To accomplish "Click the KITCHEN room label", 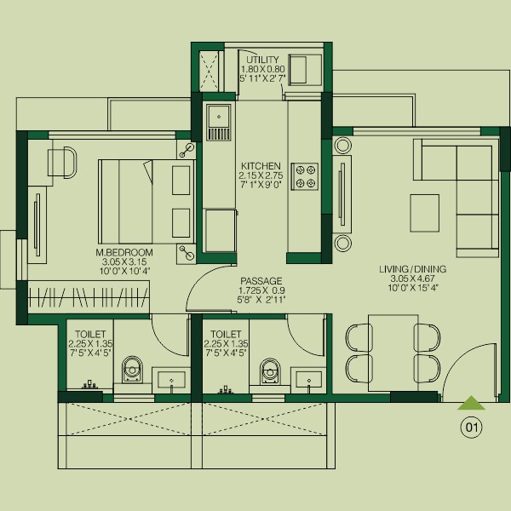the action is (261, 165).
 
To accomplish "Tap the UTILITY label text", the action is (262, 60).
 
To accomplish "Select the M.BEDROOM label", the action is (124, 252).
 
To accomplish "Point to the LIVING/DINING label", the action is (412, 269).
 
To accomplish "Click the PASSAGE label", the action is (261, 281).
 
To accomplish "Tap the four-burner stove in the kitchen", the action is (305, 176).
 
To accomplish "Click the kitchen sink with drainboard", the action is (218, 123).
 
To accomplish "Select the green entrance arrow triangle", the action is (471, 403).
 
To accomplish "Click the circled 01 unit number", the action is (471, 427).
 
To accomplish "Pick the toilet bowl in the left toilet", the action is (132, 370).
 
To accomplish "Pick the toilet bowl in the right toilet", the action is (271, 371).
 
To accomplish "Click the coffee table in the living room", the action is (425, 213).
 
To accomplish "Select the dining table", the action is (393, 353).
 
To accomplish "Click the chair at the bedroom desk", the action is (62, 163).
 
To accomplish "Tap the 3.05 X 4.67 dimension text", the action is (412, 278).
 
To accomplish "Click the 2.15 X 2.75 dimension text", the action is (261, 175).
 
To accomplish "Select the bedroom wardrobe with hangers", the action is (89, 297).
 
